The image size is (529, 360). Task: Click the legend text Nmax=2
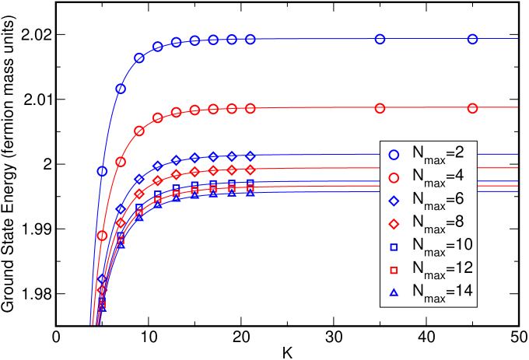[x=439, y=156]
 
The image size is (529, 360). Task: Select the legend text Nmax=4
[x=439, y=178]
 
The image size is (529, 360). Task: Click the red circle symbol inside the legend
[x=394, y=177]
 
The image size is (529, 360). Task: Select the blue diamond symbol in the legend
[x=394, y=201]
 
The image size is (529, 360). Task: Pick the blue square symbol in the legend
[x=394, y=246]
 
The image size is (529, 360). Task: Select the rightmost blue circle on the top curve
[x=472, y=39]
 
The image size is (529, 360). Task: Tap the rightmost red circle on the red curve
[x=472, y=108]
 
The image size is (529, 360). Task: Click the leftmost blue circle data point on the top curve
[x=102, y=171]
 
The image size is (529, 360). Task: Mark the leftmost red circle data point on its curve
[x=102, y=235]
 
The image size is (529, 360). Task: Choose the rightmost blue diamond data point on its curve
[x=250, y=156]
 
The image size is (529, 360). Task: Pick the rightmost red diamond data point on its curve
[x=250, y=169]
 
